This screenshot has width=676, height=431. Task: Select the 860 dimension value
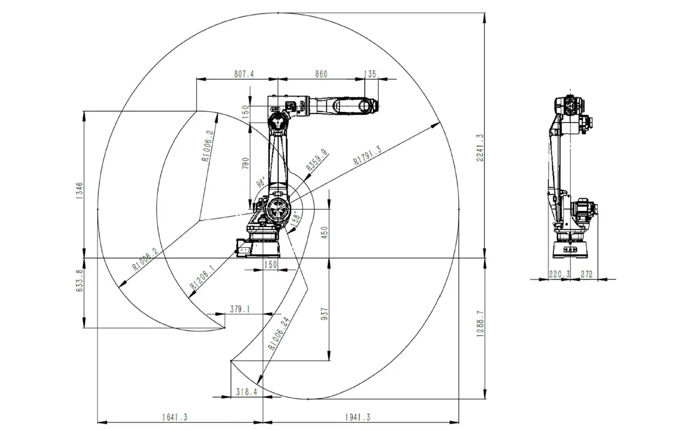click(x=321, y=74)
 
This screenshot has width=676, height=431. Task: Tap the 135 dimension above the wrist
click(x=370, y=74)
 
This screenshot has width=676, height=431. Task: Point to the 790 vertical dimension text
click(x=246, y=163)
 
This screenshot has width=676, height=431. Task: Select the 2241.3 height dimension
click(x=479, y=148)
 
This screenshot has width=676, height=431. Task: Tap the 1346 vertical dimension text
click(x=79, y=191)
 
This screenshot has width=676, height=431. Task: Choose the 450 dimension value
click(x=325, y=233)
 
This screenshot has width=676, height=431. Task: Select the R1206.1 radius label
click(x=203, y=278)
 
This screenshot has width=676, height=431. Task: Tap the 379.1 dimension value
click(x=240, y=308)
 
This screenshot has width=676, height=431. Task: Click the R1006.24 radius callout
click(x=279, y=333)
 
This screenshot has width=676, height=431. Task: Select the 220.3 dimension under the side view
click(x=559, y=274)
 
